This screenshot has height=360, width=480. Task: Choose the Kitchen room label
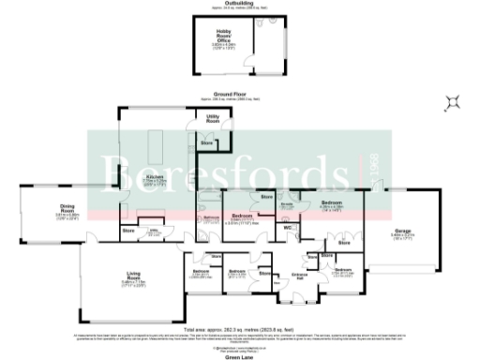[156, 177]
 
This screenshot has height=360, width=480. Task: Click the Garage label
[404, 233]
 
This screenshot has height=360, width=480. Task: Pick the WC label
[290, 227]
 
